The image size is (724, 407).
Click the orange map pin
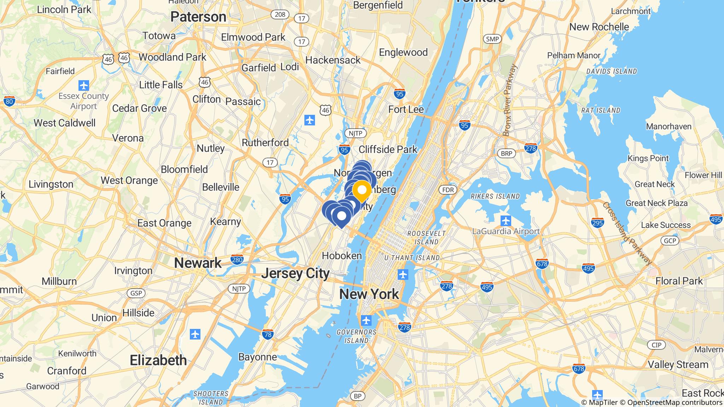(x=362, y=190)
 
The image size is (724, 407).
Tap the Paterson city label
(x=198, y=17)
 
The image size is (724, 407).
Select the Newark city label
(x=198, y=263)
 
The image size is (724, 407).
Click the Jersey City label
(x=296, y=273)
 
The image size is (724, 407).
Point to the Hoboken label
(x=342, y=256)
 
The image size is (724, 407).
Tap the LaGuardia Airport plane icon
(x=506, y=221)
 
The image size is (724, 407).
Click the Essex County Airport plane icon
(x=84, y=85)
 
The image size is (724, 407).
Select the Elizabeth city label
(x=158, y=360)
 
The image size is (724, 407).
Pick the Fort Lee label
(x=406, y=110)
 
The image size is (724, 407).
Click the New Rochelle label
(x=599, y=27)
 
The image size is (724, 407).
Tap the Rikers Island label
(x=495, y=196)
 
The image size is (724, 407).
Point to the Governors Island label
(x=356, y=336)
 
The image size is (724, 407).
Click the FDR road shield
(x=448, y=190)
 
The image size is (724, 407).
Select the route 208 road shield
(x=280, y=14)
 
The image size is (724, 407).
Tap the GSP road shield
(x=136, y=293)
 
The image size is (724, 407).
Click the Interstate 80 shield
(x=9, y=102)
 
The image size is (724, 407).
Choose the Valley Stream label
(x=678, y=365)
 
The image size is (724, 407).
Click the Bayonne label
(x=257, y=357)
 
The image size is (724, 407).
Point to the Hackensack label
(x=333, y=60)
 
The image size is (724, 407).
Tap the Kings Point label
(x=648, y=158)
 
